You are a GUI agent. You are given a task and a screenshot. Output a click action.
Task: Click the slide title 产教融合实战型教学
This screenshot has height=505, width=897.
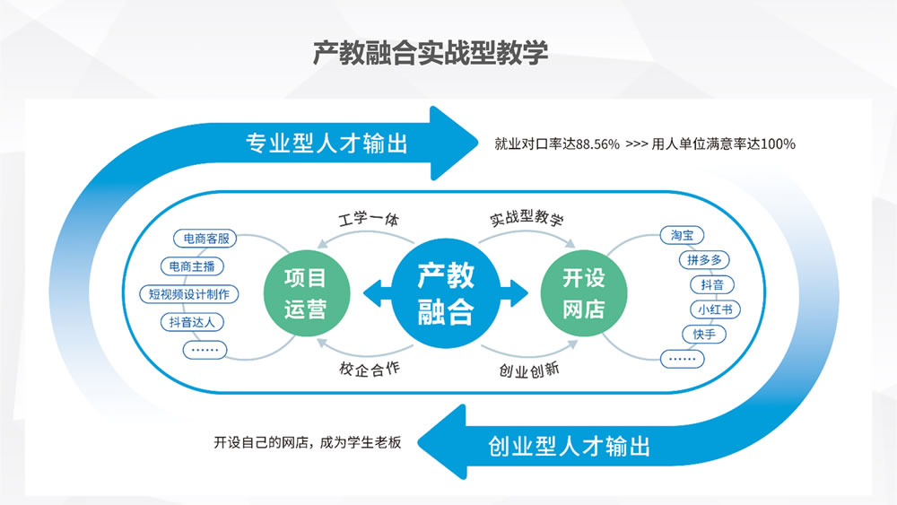[431, 53]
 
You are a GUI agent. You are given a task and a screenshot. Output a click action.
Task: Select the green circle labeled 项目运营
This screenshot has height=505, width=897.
[305, 293]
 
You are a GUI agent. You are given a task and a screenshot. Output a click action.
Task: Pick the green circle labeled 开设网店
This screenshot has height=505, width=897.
[584, 293]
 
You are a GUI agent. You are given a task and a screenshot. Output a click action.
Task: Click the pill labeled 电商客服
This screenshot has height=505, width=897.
[205, 239]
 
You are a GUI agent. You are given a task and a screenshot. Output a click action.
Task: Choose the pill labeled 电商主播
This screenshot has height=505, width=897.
[192, 266]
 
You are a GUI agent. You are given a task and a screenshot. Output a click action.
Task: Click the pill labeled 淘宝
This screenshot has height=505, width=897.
[682, 236]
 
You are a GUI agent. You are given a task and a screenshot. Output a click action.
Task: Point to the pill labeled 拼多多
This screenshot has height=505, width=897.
[704, 260]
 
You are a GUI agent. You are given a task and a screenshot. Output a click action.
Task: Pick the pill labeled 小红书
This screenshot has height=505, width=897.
[714, 309]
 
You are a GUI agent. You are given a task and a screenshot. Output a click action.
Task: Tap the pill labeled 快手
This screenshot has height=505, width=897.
[703, 335]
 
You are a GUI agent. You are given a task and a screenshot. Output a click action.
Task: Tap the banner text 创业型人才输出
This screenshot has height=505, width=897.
[570, 446]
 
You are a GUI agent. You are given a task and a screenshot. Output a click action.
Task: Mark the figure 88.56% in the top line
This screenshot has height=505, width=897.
[598, 144]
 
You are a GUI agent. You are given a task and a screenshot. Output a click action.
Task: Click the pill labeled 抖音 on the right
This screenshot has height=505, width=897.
[712, 285]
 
